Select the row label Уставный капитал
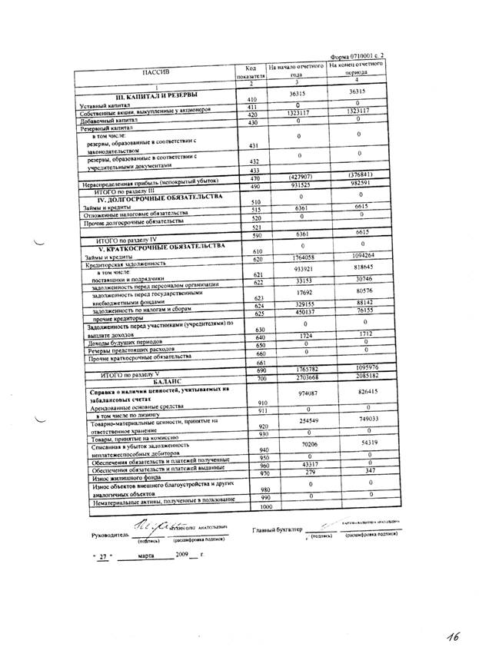pyautogui.click(x=109, y=105)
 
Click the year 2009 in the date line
pyautogui.click(x=183, y=554)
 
